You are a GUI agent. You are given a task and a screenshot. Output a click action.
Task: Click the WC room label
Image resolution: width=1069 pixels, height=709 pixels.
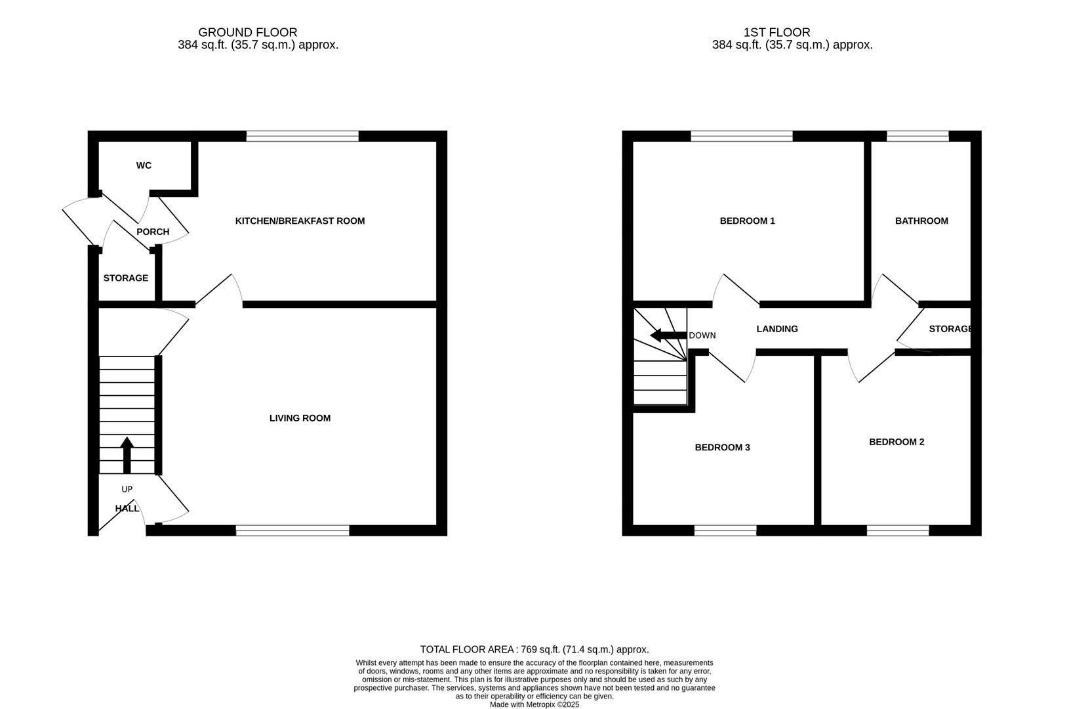144,165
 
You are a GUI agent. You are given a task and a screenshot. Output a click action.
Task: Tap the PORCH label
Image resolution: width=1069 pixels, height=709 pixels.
153,232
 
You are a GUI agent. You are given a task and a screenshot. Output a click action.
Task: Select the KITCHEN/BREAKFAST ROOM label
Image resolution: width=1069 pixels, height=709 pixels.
300,221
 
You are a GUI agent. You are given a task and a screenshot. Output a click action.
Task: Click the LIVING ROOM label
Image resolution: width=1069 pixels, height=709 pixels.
300,418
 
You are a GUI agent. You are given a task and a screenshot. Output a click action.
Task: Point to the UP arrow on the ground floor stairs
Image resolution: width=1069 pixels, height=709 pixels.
127,455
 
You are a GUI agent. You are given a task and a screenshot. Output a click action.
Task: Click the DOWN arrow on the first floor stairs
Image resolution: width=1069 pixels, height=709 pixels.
668,335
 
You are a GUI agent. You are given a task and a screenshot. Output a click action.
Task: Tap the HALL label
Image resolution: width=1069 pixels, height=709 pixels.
127,509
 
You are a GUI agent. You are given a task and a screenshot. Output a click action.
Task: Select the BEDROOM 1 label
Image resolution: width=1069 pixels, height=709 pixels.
747,221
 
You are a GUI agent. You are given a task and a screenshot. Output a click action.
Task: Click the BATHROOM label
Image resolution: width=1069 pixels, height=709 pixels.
921,221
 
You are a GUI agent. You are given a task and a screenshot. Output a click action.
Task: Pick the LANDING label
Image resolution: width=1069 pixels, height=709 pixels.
777,329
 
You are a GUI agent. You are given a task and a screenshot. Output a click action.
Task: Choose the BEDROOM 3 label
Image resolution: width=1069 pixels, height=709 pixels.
722,448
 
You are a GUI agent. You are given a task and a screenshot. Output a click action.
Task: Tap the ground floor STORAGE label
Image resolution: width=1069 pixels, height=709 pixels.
126,278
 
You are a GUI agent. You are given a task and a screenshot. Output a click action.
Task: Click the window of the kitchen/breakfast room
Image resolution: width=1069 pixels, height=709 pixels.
303,136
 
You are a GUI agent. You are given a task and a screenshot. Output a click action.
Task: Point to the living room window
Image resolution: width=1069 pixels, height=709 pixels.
292,530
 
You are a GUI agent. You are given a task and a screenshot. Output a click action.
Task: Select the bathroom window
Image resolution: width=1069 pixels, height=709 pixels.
918,136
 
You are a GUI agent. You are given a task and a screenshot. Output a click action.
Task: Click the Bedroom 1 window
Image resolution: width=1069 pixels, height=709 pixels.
742,136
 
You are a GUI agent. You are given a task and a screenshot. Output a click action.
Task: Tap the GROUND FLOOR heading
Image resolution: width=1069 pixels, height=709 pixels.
248,32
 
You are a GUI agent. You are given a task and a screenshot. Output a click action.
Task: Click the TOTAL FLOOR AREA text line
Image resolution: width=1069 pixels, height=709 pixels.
534,649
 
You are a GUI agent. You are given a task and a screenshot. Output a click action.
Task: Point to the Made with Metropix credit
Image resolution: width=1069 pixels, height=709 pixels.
534,704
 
